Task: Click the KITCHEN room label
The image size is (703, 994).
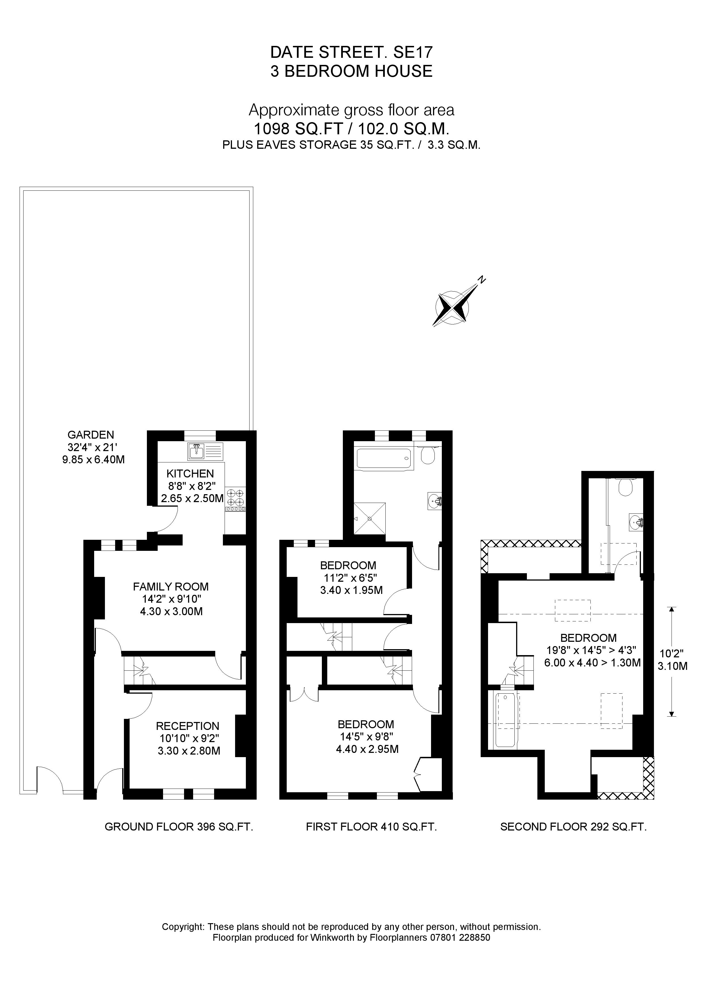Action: [x=190, y=473]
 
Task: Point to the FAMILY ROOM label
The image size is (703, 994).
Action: [x=171, y=587]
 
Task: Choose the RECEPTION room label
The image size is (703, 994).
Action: [x=187, y=726]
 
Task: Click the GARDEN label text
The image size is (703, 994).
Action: [x=91, y=435]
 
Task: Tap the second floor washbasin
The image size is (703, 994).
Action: [x=636, y=523]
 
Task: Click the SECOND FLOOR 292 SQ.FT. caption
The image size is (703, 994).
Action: [x=573, y=827]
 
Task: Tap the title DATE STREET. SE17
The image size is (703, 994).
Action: [x=351, y=52]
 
